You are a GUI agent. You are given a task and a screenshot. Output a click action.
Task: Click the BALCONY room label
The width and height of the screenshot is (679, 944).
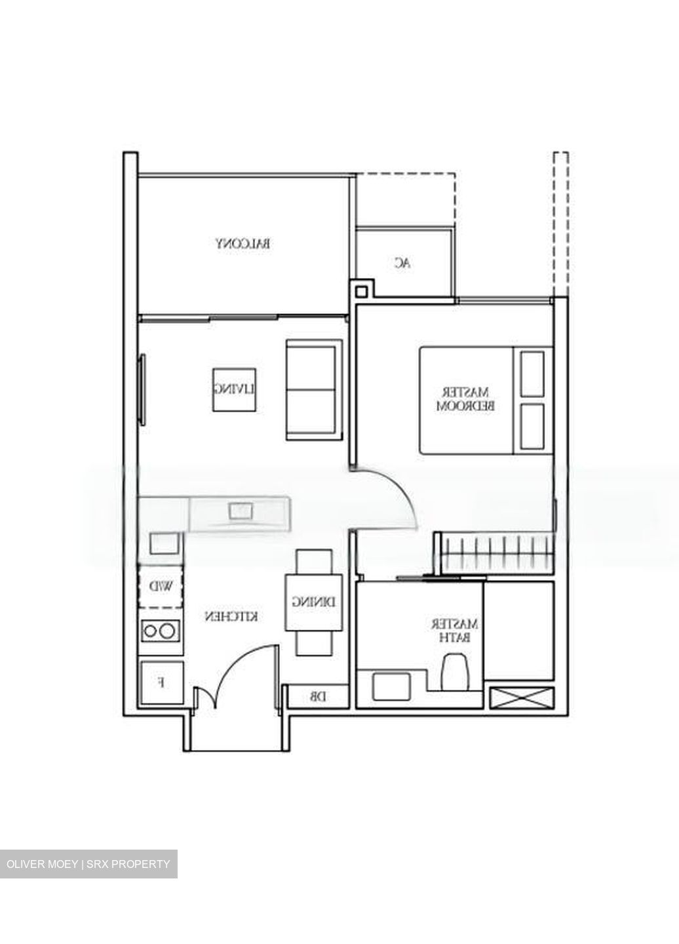tap(244, 244)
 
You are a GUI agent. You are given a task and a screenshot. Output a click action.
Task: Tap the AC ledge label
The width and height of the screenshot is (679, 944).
tap(402, 263)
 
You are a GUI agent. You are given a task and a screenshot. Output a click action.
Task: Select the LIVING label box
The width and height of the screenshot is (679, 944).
tap(234, 389)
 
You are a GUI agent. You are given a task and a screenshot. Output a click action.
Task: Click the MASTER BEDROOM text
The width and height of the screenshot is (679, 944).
tap(465, 399)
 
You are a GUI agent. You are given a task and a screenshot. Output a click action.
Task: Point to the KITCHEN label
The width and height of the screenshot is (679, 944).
tap(231, 617)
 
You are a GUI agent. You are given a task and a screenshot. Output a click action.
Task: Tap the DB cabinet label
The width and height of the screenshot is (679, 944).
tap(317, 698)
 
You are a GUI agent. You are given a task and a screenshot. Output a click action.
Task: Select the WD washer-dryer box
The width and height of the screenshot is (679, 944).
tap(161, 586)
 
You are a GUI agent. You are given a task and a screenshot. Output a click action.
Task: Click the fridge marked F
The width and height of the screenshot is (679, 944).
tap(162, 682)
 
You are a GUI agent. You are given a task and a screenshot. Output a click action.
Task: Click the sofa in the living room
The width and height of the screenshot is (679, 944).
tap(314, 389)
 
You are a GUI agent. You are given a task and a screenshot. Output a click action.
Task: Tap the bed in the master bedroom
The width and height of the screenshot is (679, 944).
tap(485, 400)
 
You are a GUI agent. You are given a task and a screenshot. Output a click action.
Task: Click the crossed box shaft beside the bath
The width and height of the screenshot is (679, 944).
tap(521, 698)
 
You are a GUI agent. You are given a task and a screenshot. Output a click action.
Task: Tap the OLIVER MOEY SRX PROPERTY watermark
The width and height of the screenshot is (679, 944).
tap(88, 864)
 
